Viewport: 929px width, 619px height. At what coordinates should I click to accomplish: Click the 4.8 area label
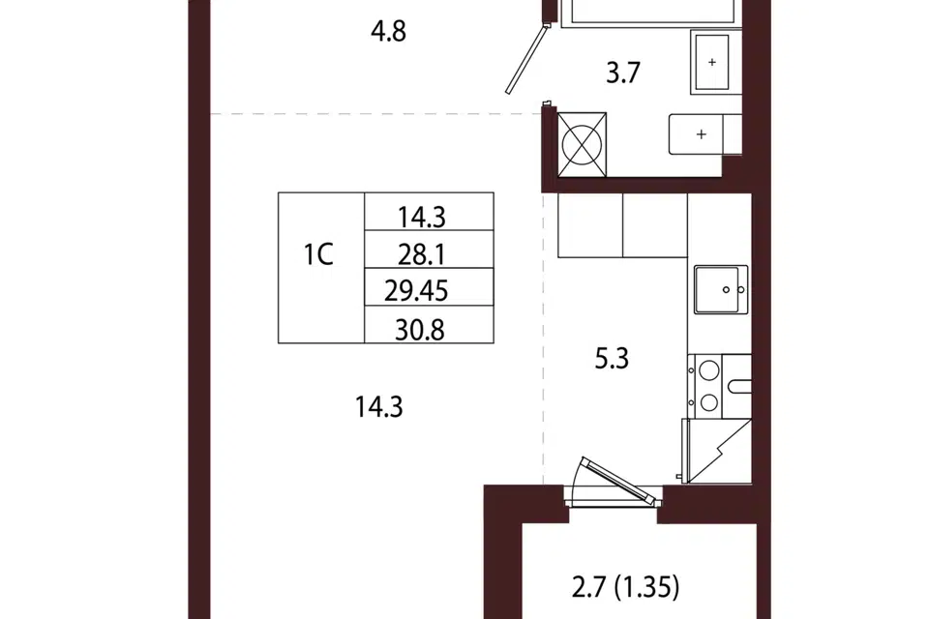click(389, 31)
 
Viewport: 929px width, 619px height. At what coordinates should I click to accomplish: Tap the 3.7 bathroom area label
click(623, 74)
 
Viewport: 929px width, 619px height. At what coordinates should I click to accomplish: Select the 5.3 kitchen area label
click(612, 359)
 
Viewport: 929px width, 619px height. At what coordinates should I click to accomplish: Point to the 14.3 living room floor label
click(379, 407)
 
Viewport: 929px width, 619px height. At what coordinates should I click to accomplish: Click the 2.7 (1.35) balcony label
click(626, 588)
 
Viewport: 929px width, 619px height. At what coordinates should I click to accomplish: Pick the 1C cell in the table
click(321, 268)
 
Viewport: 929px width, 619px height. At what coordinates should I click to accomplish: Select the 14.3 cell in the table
click(429, 212)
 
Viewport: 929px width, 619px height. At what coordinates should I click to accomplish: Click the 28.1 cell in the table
click(429, 250)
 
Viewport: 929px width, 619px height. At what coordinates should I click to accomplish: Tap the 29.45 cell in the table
click(429, 287)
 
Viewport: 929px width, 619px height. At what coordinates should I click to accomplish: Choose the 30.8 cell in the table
click(429, 325)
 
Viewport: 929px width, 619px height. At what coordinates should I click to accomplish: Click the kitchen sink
click(720, 289)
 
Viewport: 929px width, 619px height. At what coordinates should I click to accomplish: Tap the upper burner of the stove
click(709, 370)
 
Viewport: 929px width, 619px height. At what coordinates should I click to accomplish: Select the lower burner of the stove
click(709, 402)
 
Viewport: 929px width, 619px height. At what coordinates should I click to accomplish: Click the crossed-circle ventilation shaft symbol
click(582, 145)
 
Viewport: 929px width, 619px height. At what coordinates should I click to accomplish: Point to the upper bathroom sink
click(712, 62)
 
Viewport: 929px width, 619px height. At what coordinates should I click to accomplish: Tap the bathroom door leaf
click(525, 58)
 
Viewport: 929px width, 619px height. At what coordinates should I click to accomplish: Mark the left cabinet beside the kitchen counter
click(590, 225)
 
